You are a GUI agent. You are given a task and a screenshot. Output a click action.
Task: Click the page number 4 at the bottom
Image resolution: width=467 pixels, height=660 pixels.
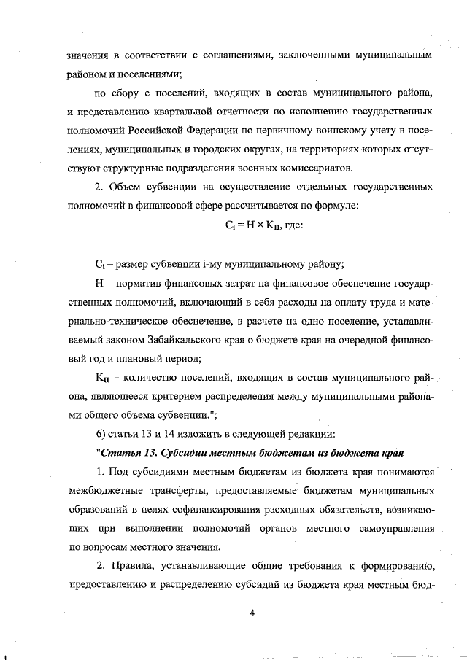tap(252, 613)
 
